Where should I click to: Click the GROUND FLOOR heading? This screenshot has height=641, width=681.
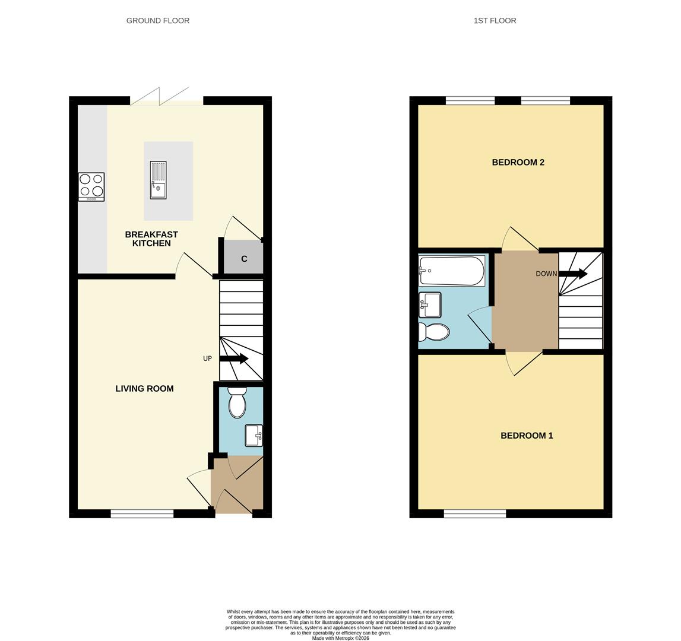coord(158,20)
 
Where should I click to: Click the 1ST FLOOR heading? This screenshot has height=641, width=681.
coord(495,20)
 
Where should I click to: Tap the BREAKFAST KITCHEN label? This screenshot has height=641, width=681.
coord(151,239)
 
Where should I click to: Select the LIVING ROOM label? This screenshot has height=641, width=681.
coord(144,389)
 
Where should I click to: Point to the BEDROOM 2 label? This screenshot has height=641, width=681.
coord(518,163)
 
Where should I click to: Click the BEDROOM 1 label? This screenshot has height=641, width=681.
coord(527,436)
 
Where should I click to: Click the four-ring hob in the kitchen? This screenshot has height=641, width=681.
coord(91,187)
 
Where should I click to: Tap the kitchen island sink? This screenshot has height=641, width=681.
coord(158,180)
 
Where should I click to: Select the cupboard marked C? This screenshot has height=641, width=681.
coord(243,257)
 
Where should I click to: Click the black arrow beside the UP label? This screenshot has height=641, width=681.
coord(234,358)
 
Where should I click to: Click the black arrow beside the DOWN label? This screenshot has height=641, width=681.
coord(573,274)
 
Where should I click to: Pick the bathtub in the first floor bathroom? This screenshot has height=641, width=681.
coord(452,271)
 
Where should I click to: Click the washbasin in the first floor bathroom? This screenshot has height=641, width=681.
coord(429,305)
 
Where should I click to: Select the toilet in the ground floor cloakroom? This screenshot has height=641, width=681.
coord(237,402)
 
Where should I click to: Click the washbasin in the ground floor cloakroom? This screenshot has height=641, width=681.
coord(254,436)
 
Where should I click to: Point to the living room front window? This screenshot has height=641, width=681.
coord(142,514)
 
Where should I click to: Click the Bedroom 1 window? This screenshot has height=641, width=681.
coord(475,514)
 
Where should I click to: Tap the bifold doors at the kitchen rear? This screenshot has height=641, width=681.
coord(166,96)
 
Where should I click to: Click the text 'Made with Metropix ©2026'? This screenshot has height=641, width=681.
coord(341,639)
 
